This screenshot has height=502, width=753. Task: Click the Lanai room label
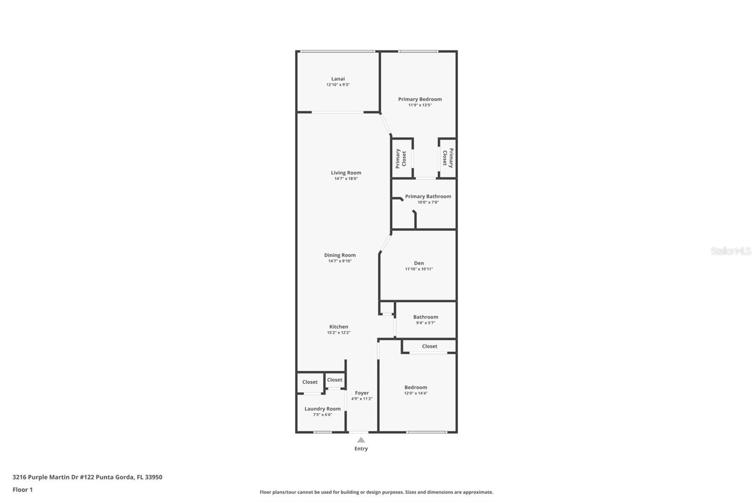point(337,79)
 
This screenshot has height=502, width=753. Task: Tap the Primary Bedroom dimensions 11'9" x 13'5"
point(420,105)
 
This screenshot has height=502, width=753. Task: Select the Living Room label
point(346,173)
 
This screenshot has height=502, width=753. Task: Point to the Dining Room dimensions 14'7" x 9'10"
point(340,261)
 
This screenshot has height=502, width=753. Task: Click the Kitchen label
point(338,326)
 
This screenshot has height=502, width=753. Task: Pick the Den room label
point(419,263)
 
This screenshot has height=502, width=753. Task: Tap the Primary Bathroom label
point(428,196)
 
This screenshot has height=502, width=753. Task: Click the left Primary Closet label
point(401,158)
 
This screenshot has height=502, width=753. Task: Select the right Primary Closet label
point(448,158)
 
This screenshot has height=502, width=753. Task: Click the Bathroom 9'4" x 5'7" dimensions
point(425,323)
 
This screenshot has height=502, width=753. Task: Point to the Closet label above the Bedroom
point(429,346)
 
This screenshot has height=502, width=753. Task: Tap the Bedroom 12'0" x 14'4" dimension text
point(416,393)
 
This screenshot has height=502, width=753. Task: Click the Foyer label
point(361,393)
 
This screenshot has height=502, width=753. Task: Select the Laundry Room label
point(322,409)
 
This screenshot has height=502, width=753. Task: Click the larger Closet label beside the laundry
point(310,382)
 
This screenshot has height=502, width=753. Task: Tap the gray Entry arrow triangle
point(361,440)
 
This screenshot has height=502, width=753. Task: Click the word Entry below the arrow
point(361,448)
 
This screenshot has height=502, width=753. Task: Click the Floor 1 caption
point(23,490)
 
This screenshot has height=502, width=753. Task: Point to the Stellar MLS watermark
point(730,251)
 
